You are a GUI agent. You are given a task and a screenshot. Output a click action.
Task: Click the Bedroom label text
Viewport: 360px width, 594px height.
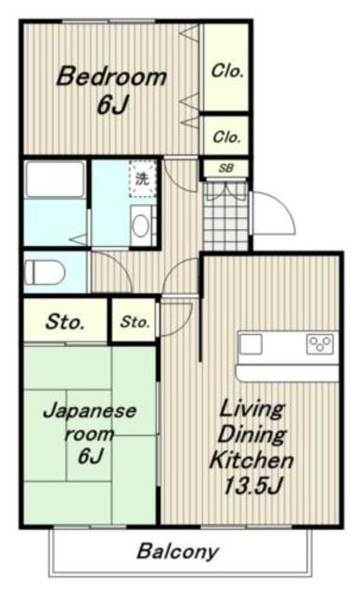tap(111, 76)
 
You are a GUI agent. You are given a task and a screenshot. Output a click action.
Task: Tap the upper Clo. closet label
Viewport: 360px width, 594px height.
tap(226, 71)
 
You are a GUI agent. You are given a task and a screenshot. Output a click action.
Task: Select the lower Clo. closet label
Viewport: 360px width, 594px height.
tap(226, 136)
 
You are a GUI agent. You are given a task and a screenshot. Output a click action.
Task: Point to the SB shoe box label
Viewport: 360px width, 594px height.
tap(226, 168)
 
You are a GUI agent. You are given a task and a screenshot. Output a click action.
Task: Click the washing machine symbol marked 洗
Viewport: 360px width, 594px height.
tap(142, 178)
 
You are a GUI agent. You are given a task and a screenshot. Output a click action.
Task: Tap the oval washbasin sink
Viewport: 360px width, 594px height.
tap(141, 226)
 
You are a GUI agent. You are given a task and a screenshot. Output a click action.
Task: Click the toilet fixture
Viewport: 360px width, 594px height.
tap(45, 273)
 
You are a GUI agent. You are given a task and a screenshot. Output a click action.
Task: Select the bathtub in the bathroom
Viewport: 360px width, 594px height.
tap(54, 179)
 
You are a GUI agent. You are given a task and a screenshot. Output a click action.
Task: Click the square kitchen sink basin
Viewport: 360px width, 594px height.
tap(251, 344)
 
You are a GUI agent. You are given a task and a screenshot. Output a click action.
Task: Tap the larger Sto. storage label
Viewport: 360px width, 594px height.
tap(64, 322)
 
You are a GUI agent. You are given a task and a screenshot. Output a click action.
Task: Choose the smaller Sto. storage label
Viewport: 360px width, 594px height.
tap(135, 322)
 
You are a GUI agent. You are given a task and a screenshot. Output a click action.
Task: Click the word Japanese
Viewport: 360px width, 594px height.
tap(89, 411)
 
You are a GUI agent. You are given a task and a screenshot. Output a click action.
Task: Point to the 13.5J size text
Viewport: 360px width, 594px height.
tap(253, 485)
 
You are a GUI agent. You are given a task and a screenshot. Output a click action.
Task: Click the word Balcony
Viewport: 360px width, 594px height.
tap(178, 551)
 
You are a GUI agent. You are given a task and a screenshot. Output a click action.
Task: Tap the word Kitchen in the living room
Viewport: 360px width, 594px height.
tap(251, 460)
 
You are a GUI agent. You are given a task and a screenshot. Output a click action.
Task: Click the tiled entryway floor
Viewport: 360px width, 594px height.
tap(226, 216)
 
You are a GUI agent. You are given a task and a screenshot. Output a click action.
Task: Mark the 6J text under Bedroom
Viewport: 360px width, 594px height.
tap(112, 104)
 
